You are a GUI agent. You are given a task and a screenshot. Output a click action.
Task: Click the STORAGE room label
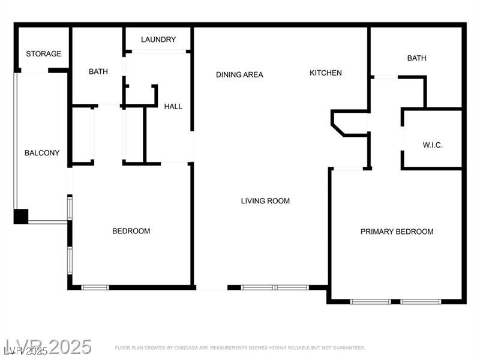coord(43,54)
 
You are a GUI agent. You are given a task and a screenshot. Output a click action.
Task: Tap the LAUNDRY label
coord(158,40)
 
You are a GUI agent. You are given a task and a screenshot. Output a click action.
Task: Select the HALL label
coord(173,107)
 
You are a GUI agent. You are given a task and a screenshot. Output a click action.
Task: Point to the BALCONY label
coord(42,153)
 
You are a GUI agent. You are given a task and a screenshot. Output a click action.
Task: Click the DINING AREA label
coord(239,75)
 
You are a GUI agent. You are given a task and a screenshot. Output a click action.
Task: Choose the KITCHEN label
coord(326,73)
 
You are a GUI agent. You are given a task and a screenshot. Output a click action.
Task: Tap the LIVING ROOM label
coord(265,201)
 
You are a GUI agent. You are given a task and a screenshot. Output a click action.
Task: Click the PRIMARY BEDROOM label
coord(397,232)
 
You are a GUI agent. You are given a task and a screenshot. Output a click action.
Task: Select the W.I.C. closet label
coord(433,146)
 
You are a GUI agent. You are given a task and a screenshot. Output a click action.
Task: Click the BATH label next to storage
coord(98,72)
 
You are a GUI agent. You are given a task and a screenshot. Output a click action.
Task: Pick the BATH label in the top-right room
coord(416,58)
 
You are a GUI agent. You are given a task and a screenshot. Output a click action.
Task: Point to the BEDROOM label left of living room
coord(131,231)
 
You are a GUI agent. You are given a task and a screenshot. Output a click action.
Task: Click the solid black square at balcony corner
coord(21,216)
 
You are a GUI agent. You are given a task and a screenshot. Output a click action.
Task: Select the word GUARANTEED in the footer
coord(347,348)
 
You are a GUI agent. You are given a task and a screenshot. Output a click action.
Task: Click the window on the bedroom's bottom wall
coord(95,287)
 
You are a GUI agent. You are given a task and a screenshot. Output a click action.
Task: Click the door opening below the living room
coord(212,288)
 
